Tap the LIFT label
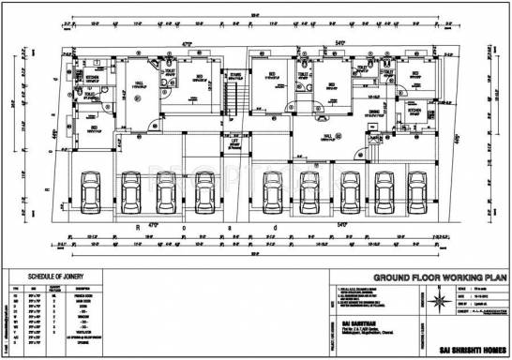coord(234,142)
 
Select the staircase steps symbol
coord(237,98)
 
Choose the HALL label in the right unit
coord(328,135)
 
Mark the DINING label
coord(374,112)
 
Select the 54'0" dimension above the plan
coord(340,43)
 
